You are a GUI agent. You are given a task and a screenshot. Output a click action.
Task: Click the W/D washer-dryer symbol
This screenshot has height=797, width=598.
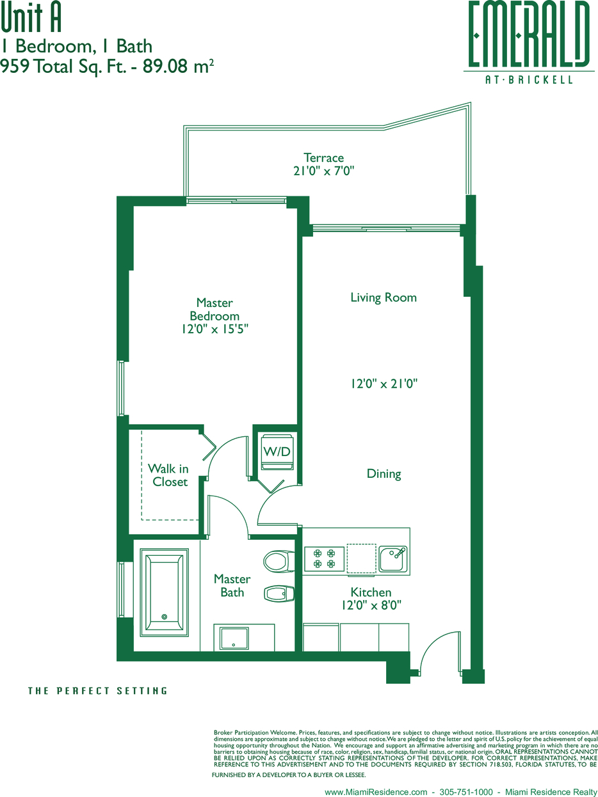[x=277, y=452]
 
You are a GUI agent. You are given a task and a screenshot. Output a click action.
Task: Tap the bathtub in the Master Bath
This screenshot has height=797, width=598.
[x=164, y=592]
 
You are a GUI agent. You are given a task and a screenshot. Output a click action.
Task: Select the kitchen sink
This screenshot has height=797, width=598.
[x=392, y=558]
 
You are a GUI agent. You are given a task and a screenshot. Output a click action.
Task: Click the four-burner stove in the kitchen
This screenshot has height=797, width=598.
[x=324, y=558]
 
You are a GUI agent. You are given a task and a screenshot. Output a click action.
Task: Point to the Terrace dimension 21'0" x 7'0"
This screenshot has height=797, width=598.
[x=324, y=171]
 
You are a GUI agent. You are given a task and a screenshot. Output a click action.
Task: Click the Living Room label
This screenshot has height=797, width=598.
[x=384, y=297]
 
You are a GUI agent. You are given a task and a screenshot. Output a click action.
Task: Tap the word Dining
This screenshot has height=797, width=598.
[x=384, y=474]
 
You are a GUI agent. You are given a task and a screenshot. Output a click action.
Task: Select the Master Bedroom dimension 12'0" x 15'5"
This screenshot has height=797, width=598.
[x=214, y=329]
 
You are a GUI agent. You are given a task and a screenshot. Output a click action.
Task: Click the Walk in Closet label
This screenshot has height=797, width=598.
[x=168, y=475]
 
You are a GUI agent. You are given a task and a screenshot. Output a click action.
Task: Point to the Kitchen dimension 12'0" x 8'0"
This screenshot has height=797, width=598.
[x=371, y=605]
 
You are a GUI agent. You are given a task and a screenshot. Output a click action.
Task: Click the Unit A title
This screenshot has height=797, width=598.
[x=31, y=19]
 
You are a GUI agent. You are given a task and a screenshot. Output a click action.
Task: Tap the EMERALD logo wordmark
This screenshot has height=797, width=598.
[x=529, y=34]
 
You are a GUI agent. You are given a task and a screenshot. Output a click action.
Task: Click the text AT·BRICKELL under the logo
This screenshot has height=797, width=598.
[x=529, y=79]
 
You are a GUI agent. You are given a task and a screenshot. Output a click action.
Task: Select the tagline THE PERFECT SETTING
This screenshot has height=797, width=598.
[x=98, y=691]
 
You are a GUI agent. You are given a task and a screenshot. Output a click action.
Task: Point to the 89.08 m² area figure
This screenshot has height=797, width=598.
[x=178, y=66]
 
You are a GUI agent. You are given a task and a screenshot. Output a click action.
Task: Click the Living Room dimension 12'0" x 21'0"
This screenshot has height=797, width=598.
[x=384, y=383]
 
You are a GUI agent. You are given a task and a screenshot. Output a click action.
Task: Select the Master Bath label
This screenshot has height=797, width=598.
[x=232, y=585]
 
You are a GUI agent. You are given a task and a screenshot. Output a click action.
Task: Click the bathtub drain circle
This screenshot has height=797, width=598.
[x=164, y=617]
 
